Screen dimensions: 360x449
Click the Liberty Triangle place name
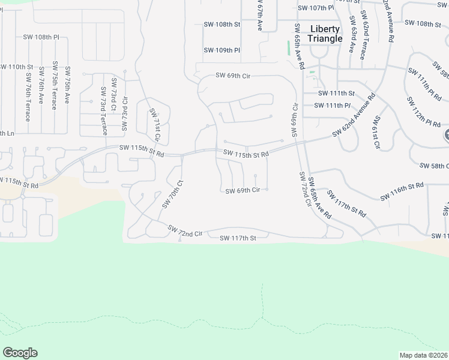pyautogui.click(x=325, y=34)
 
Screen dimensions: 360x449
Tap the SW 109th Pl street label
pyautogui.click(x=221, y=50)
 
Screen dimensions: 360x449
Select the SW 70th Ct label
pyautogui.click(x=171, y=194)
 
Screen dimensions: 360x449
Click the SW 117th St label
pyautogui.click(x=238, y=238)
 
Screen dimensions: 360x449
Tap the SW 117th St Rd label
pyautogui.click(x=346, y=204)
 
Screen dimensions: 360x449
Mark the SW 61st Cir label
pyautogui.click(x=376, y=133)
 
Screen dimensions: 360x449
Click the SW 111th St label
pyautogui.click(x=336, y=93)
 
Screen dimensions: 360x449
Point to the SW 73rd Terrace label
pyautogui.click(x=103, y=111)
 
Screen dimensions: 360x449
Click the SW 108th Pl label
pyautogui.click(x=41, y=37)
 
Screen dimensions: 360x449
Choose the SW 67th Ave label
pyautogui.click(x=260, y=16)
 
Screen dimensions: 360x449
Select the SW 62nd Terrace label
pyautogui.click(x=363, y=35)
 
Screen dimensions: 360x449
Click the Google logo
pyautogui.click(x=20, y=353)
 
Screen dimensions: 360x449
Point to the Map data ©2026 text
pyautogui.click(x=424, y=355)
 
